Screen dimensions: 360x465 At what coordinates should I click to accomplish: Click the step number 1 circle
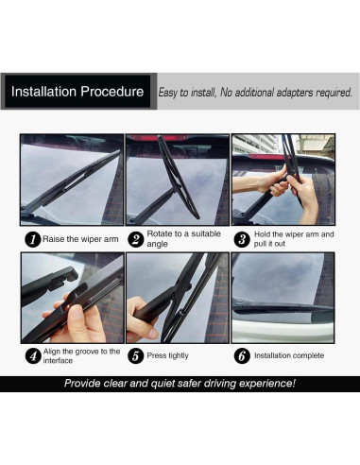pos(33,239)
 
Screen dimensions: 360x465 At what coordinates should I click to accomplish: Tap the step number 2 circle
pos(136,239)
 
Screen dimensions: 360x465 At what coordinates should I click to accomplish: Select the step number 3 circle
pos(242,239)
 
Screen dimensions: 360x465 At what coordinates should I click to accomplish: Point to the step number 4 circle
pos(33,356)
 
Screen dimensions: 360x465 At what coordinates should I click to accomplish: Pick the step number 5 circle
pos(136,355)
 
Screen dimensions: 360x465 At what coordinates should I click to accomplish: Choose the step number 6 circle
pos(242,355)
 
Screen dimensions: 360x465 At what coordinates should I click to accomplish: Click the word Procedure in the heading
pos(112,92)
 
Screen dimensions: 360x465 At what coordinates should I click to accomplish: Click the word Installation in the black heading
pos(43,92)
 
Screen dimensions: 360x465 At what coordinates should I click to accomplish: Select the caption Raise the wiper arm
pos(80,239)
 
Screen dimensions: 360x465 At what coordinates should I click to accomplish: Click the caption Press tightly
pos(167,355)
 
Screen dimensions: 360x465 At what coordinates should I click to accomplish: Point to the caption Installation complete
pos(289,355)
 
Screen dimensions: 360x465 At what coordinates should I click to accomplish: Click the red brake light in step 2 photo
pos(158,138)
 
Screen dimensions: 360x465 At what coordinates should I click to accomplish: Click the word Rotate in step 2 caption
pos(159,233)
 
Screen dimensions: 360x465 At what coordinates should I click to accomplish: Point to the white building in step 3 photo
pos(254,144)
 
